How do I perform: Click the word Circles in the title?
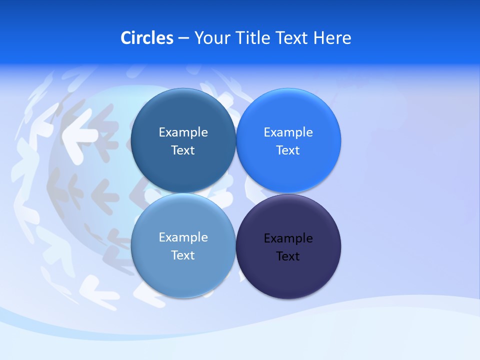click(x=147, y=38)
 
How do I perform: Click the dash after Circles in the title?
click(x=183, y=38)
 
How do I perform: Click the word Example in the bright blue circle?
click(x=288, y=132)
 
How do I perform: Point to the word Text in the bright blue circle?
click(x=288, y=150)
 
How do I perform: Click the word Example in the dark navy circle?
click(x=288, y=238)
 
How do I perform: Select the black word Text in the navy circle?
click(x=288, y=256)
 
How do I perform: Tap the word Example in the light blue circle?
click(x=183, y=237)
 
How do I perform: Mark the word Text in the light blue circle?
click(x=183, y=255)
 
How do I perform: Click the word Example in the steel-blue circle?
click(x=183, y=132)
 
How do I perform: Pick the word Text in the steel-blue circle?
click(x=183, y=150)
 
